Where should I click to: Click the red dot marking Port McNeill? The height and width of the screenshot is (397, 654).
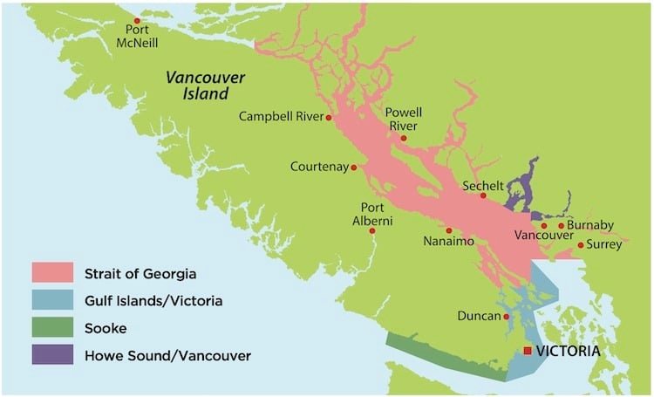(x=136, y=20)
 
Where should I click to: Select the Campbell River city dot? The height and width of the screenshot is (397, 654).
(x=329, y=118)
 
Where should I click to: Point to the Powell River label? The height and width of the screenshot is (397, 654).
(x=405, y=120)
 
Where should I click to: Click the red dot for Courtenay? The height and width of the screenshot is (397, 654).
(x=354, y=168)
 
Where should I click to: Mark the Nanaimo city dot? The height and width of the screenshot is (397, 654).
(x=449, y=230)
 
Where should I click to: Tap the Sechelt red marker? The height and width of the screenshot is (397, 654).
(x=483, y=195)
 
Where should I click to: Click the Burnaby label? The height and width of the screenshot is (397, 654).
(x=591, y=225)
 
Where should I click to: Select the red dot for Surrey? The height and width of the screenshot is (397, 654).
(x=581, y=245)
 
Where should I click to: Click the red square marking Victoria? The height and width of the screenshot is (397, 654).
(x=527, y=351)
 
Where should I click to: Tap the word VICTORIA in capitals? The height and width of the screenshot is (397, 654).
(x=568, y=351)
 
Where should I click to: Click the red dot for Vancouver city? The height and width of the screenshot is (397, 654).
(x=544, y=225)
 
